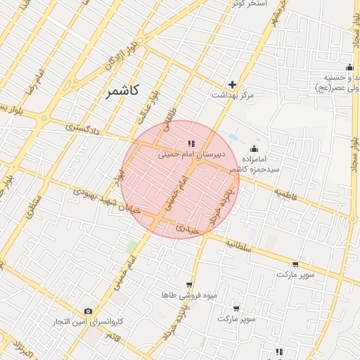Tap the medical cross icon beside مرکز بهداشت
click(232, 84)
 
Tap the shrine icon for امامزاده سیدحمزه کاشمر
click(254, 149)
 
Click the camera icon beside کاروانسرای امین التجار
click(88, 311)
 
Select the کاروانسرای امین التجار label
click(89, 321)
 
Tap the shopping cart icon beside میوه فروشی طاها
click(188, 284)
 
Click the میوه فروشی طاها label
click(177, 295)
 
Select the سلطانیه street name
click(238, 243)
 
